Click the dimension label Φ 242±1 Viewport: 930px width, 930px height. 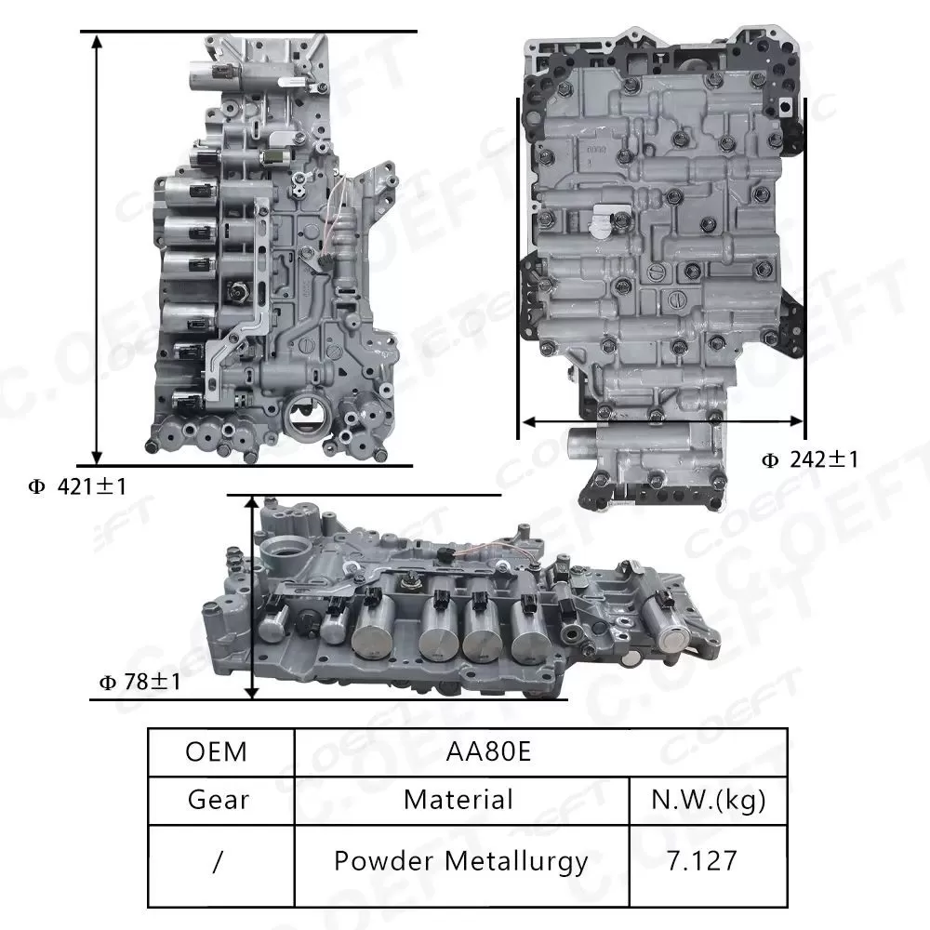click(x=810, y=459)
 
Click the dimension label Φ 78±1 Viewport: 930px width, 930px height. click(x=140, y=683)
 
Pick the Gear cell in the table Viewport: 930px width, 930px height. click(x=218, y=799)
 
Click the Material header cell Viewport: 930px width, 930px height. click(x=458, y=799)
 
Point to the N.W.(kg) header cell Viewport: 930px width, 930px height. click(x=709, y=799)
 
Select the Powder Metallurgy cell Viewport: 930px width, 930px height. click(x=460, y=860)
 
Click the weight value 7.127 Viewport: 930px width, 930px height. click(x=701, y=860)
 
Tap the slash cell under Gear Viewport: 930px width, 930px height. click(x=217, y=861)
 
